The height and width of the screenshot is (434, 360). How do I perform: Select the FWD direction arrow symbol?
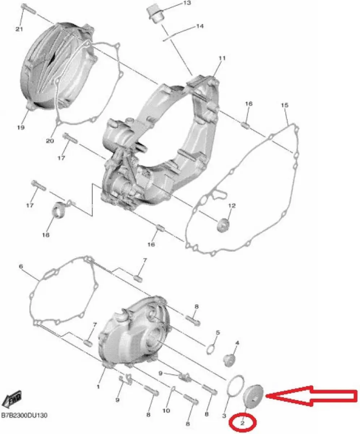(12, 399)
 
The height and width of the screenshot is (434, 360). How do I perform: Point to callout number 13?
(186, 3)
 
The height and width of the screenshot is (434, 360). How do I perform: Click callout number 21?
(19, 29)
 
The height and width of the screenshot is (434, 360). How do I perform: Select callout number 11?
(222, 58)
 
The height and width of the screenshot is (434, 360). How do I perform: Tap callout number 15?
(284, 105)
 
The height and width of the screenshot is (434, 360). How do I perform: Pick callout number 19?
(21, 127)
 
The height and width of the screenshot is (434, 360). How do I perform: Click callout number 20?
(50, 141)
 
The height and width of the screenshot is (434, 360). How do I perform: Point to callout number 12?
(232, 206)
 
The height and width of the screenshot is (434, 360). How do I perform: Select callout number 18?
(46, 235)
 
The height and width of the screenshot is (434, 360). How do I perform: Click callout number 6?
(21, 266)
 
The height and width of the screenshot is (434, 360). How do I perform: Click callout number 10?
(166, 410)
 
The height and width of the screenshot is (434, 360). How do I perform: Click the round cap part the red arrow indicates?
(253, 396)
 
